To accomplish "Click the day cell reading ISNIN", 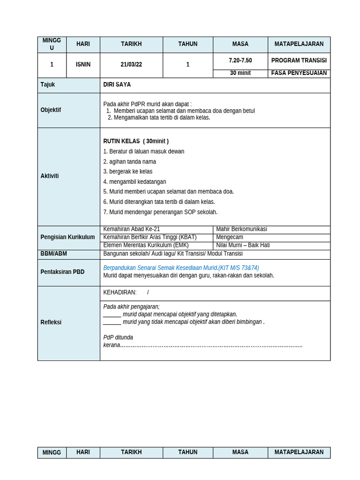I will [83, 65].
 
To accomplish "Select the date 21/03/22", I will [131, 65].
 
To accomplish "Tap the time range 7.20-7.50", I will [240, 61].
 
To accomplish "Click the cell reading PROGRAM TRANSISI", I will [299, 61].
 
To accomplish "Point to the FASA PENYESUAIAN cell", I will [299, 73].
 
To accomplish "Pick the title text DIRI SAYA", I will [117, 85].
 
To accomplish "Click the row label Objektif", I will [51, 110].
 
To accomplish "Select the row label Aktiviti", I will [50, 176].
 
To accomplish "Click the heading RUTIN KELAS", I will [122, 141].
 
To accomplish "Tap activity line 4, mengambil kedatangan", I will [135, 182].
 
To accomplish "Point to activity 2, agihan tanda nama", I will [130, 162].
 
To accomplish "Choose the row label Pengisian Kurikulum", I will [67, 237].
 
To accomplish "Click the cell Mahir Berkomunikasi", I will [241, 229].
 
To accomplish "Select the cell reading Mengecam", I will [230, 237].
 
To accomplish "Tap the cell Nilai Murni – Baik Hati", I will [243, 245].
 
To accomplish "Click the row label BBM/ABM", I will [53, 254].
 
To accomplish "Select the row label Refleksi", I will [51, 322].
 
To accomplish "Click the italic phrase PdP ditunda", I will [118, 337].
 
